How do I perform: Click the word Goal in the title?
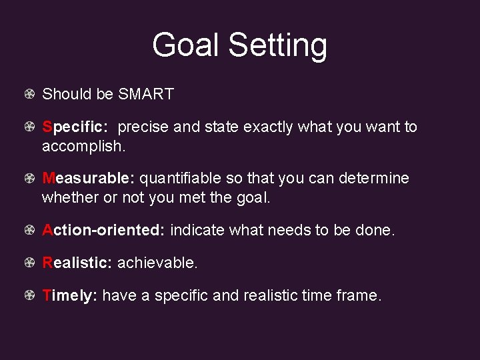pos(187,46)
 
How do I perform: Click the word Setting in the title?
pos(278,46)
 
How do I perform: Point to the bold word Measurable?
pos(89,179)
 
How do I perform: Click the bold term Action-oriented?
pos(103,231)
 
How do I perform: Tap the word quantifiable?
pos(182,179)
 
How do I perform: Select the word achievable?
pos(157,263)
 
